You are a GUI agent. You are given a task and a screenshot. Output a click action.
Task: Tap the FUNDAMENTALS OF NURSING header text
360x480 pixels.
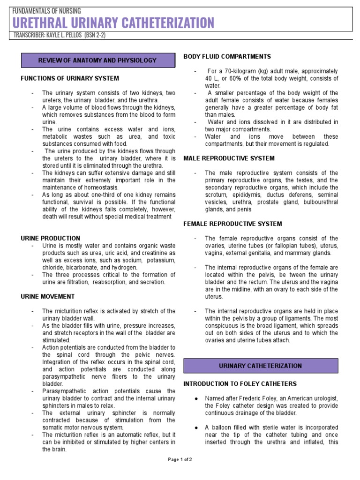pyautogui.click(x=47, y=10)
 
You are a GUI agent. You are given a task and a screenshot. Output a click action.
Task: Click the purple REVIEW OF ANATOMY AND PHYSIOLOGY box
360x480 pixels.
pyautogui.click(x=97, y=60)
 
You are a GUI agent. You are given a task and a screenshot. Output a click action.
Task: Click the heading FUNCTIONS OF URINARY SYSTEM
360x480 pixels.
pyautogui.click(x=70, y=78)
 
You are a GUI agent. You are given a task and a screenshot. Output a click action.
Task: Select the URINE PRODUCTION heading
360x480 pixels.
pyautogui.click(x=51, y=238)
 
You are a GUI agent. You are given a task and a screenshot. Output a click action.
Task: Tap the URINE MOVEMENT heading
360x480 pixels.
pyautogui.click(x=48, y=297)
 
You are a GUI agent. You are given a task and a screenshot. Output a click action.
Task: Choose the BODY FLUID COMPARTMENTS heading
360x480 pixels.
pyautogui.click(x=227, y=57)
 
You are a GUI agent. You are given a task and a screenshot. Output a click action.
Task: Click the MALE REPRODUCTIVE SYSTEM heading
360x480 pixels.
pyautogui.click(x=229, y=158)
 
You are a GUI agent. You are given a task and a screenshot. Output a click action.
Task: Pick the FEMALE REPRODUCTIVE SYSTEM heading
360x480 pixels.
pyautogui.click(x=232, y=224)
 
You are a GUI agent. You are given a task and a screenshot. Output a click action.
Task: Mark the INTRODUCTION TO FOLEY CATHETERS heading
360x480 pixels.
pyautogui.click(x=240, y=384)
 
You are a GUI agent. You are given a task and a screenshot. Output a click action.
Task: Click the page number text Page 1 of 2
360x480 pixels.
pyautogui.click(x=180, y=459)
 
